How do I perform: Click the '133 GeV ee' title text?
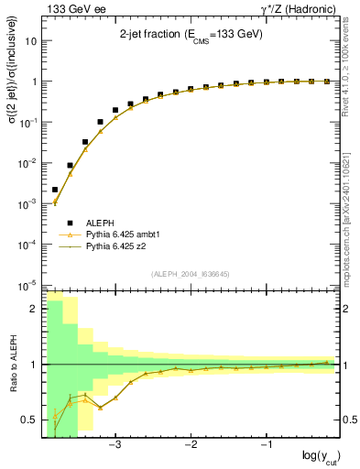tap(69, 8)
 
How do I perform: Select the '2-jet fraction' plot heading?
tap(191, 34)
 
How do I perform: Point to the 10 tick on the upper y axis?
tap(31, 41)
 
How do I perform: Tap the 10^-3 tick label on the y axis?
tap(29, 202)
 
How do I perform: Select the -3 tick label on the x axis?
tap(115, 446)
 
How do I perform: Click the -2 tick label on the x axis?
tap(191, 446)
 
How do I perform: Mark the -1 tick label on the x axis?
tap(266, 446)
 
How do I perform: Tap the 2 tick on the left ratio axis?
tap(35, 309)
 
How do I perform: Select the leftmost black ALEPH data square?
tap(55, 190)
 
